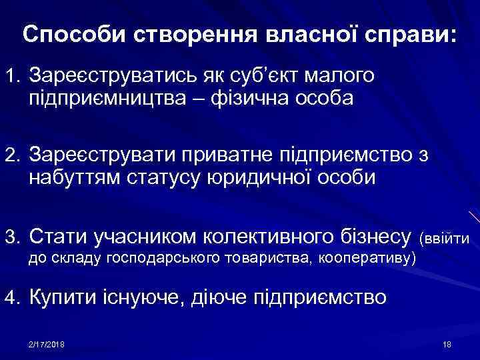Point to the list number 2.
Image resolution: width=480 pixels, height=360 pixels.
(x=13, y=155)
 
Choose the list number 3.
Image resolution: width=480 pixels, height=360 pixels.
(x=13, y=235)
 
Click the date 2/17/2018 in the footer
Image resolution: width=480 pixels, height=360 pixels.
(x=51, y=344)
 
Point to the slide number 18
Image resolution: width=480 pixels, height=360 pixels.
(x=447, y=344)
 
